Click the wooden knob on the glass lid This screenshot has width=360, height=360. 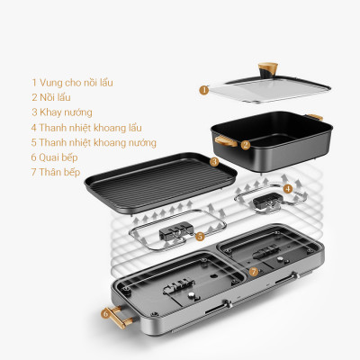point(267,68)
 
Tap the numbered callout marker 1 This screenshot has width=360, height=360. point(204,90)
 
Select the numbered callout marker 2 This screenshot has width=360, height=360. point(245,144)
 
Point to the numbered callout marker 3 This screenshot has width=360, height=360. point(214,162)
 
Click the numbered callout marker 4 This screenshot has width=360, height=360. point(287,189)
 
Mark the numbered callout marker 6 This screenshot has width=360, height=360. point(106,314)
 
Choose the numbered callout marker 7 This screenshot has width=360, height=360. point(253,270)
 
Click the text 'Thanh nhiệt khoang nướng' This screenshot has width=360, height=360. point(99,142)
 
